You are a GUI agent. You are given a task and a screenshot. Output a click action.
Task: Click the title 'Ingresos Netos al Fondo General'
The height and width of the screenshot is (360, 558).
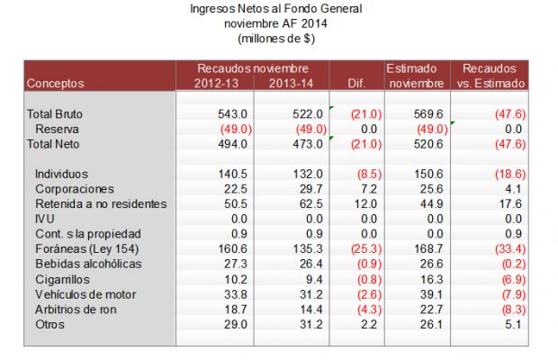click(x=276, y=9)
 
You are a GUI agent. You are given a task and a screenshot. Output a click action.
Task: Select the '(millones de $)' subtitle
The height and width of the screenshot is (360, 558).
click(x=276, y=38)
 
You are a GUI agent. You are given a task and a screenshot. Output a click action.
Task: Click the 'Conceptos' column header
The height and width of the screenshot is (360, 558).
click(x=56, y=83)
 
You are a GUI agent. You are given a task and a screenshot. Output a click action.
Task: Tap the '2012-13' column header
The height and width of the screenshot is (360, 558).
click(x=217, y=83)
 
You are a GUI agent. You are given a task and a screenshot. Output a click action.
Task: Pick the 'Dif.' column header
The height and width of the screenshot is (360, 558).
click(x=357, y=83)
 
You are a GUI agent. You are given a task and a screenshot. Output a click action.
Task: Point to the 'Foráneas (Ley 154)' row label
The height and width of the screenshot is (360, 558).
click(x=85, y=248)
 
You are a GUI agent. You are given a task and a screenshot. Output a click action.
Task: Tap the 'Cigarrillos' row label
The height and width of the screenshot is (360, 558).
click(x=63, y=279)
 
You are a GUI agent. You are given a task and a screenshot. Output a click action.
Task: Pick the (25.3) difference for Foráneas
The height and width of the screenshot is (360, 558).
click(x=366, y=248)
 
